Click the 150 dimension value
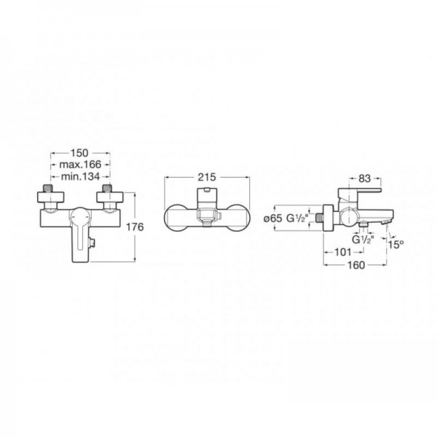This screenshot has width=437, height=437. tap(79, 153)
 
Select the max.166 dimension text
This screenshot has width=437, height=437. tap(80, 165)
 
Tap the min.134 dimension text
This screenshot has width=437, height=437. tap(80, 176)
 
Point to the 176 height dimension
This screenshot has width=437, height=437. tap(135, 227)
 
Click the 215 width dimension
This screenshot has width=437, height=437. tap(207, 177)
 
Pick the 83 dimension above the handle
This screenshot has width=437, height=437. tap(365, 178)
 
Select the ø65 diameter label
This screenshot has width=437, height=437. tap(273, 219)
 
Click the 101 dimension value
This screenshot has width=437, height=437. tap(342, 252)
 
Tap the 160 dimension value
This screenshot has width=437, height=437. tap(356, 265)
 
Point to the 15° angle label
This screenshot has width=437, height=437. tap(396, 245)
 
